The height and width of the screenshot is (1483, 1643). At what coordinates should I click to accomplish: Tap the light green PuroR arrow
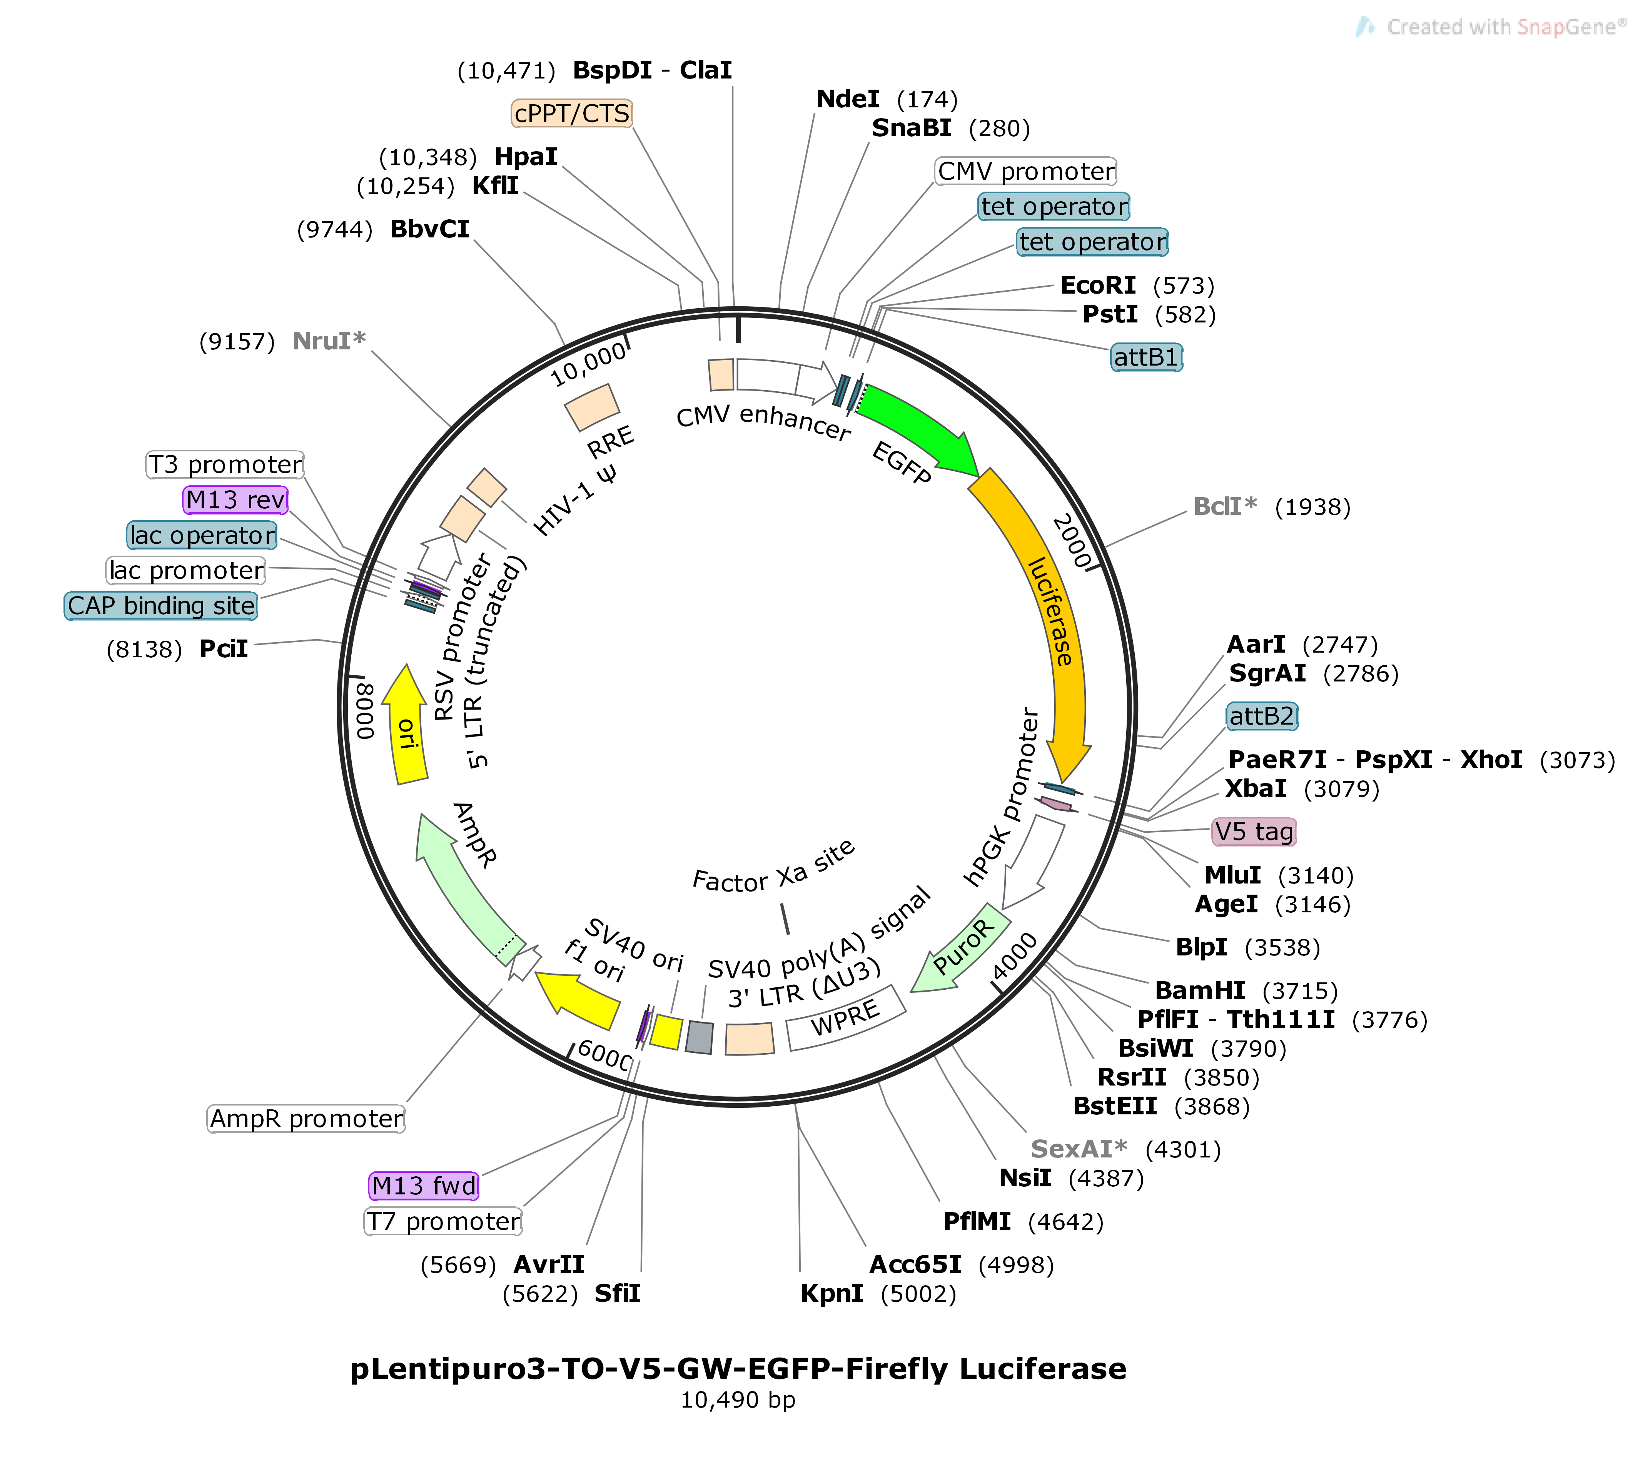pos(961,949)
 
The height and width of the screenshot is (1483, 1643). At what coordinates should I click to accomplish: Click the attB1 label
pos(1146,357)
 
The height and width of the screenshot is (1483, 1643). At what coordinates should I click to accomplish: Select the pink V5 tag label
pos(1254,832)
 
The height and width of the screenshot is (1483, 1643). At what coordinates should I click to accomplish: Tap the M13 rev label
pos(235,499)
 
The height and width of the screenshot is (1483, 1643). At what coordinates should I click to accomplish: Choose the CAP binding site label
pos(161,605)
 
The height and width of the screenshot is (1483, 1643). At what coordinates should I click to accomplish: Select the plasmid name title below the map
pos(738,1369)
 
